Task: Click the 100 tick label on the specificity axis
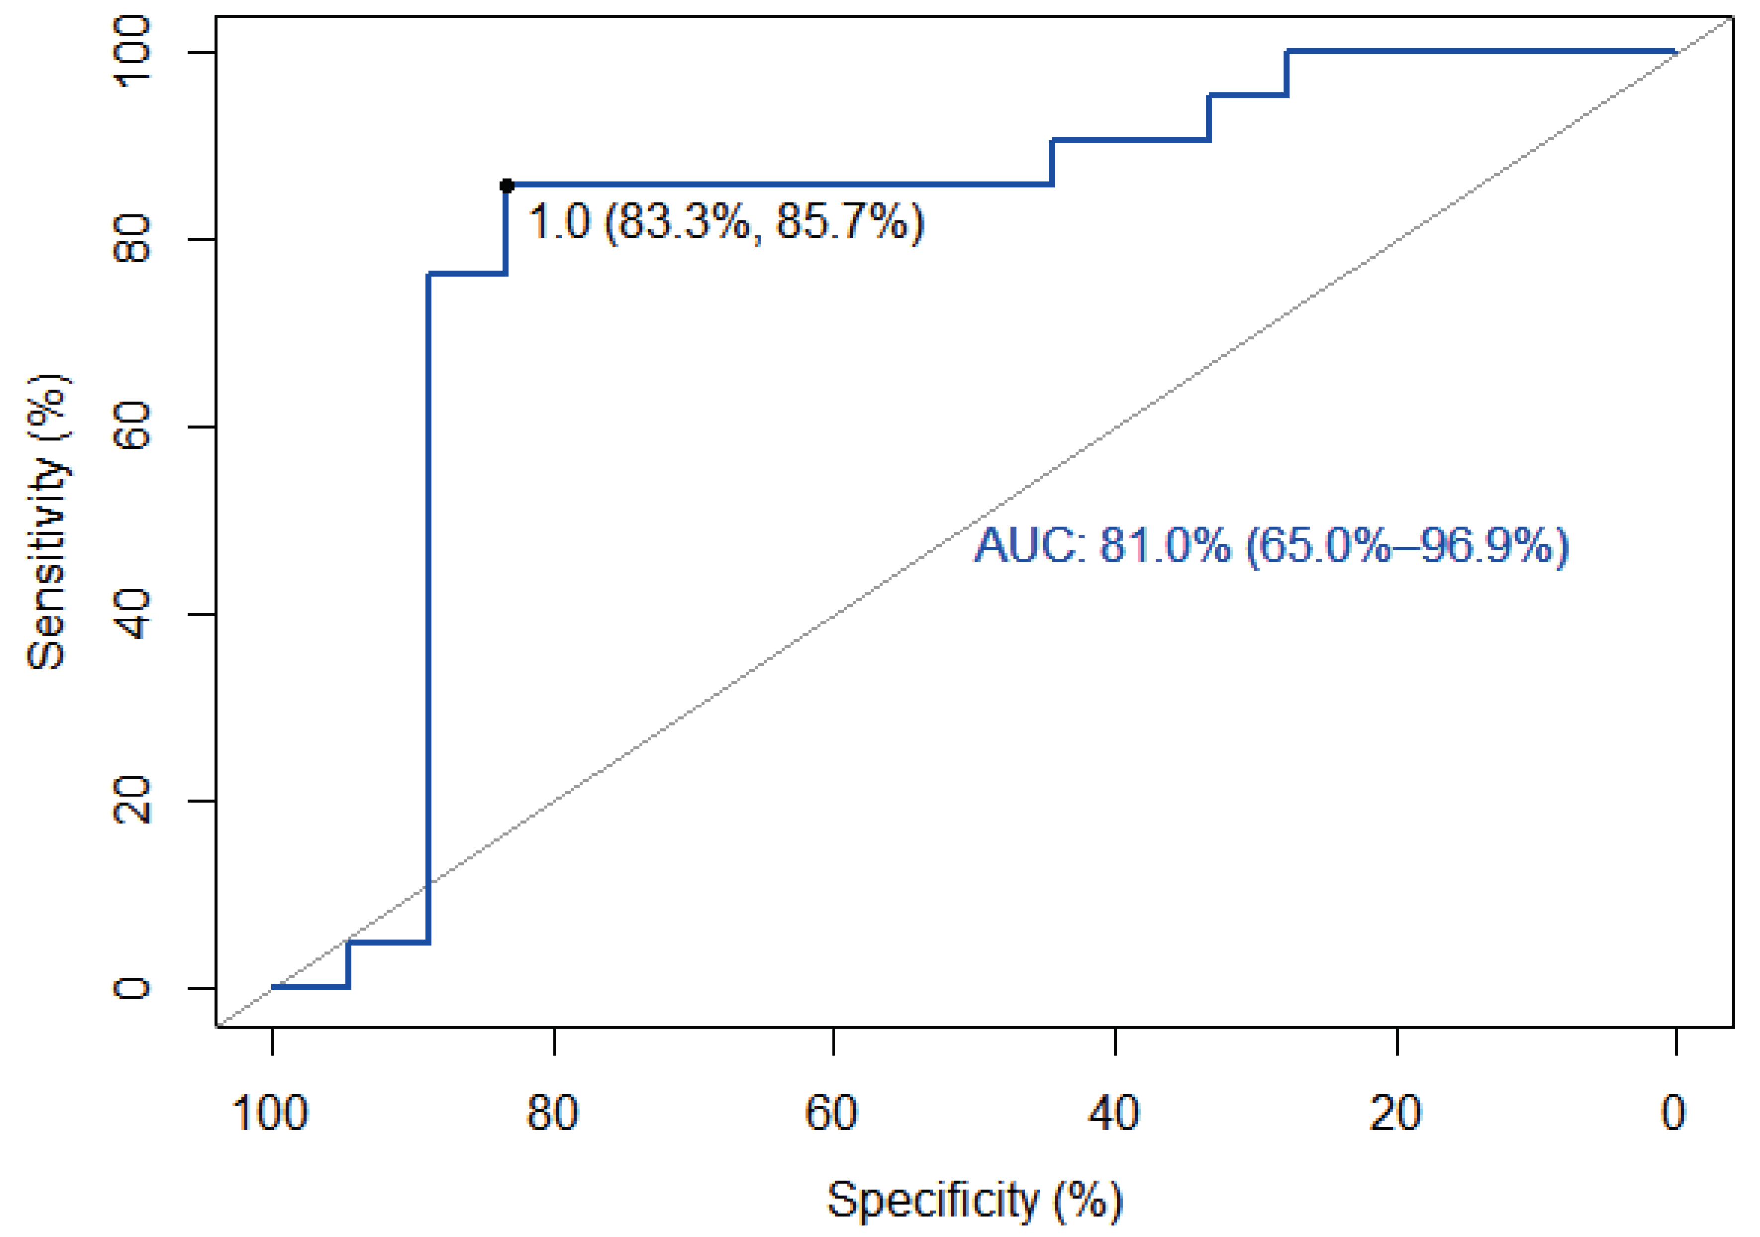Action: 270,1113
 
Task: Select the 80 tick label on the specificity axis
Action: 552,1113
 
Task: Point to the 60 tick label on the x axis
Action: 831,1113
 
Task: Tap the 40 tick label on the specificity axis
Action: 1114,1113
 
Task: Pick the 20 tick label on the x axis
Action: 1395,1113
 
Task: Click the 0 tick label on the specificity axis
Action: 1673,1113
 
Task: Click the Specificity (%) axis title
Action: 974,1200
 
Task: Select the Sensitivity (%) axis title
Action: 48,522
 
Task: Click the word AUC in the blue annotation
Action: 1025,546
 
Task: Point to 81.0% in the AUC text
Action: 1164,546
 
